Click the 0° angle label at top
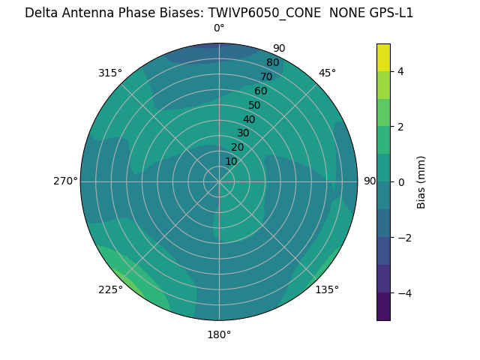pyautogui.click(x=219, y=28)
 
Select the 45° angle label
pyautogui.click(x=327, y=73)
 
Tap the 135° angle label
pyautogui.click(x=327, y=289)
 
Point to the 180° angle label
pyautogui.click(x=219, y=334)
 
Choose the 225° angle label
pyautogui.click(x=110, y=289)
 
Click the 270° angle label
pyautogui.click(x=65, y=181)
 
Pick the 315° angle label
pyautogui.click(x=110, y=73)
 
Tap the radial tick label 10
pyautogui.click(x=231, y=162)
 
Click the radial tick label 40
pyautogui.click(x=249, y=120)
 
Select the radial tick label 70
pyautogui.click(x=266, y=77)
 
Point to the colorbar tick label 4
pyautogui.click(x=401, y=71)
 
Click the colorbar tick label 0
pyautogui.click(x=401, y=182)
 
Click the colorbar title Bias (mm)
pyautogui.click(x=421, y=182)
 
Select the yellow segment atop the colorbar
pyautogui.click(x=383, y=57)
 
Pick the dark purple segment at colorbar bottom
pyautogui.click(x=383, y=307)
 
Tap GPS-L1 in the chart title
pyautogui.click(x=389, y=13)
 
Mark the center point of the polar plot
pyautogui.click(x=219, y=181)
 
